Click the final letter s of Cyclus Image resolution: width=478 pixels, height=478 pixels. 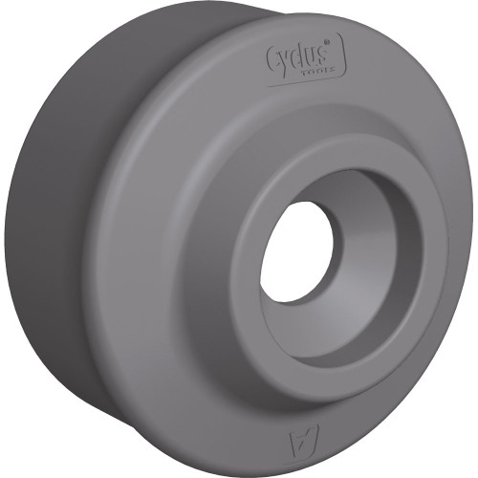320,60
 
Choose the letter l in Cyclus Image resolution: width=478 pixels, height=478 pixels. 300,56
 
